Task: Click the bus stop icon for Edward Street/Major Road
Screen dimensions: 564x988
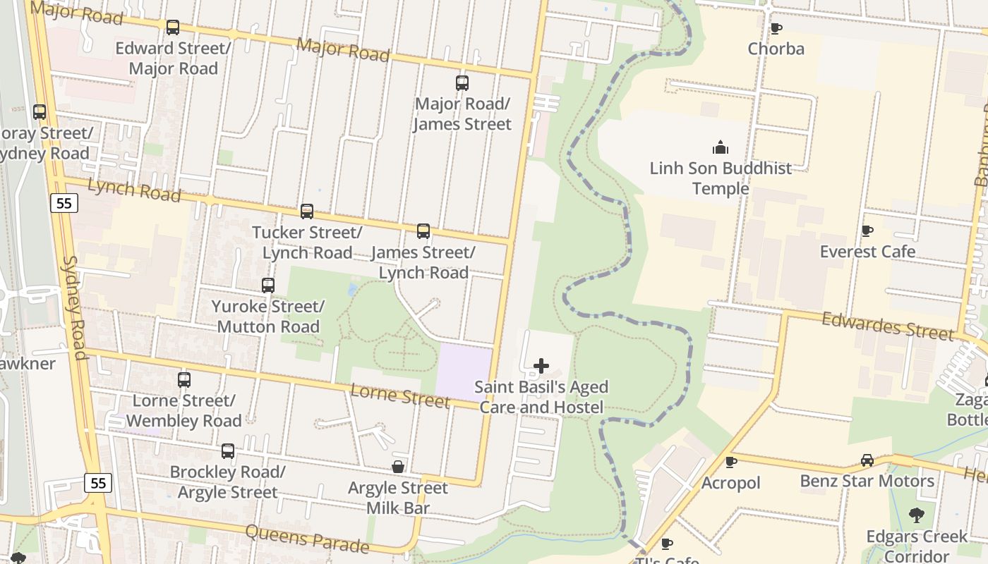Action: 173,27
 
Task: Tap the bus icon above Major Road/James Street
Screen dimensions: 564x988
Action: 462,83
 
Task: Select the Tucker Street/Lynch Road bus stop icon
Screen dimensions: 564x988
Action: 307,211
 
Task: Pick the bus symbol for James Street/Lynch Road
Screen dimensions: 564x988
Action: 423,231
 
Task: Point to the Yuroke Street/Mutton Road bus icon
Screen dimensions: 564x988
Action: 268,286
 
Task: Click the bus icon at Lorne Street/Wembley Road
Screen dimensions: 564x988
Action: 184,380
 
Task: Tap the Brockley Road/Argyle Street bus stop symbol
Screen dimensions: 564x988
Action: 228,451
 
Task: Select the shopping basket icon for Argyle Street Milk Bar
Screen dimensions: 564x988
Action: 398,467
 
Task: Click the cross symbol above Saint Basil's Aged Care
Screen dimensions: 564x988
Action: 541,366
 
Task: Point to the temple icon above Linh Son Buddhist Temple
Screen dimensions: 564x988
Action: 721,147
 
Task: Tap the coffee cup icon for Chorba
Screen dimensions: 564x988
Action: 776,28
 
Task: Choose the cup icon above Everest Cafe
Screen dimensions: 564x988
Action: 867,231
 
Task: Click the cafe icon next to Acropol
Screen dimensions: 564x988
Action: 731,462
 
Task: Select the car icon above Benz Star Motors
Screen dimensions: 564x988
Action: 867,460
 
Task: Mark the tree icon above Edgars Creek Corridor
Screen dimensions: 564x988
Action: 917,515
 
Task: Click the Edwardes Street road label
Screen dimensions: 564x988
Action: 888,326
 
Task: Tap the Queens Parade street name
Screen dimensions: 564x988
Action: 307,539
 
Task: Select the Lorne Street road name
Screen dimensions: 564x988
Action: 400,396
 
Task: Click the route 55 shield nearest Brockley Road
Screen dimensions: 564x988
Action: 98,483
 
